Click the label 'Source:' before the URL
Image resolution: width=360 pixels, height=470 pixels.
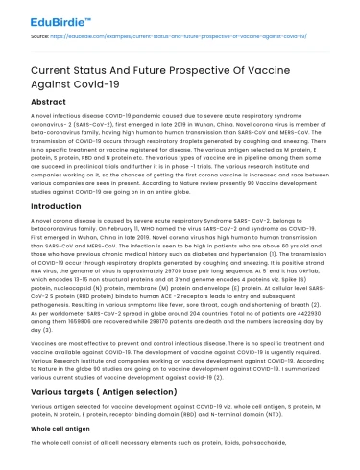click(39, 36)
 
